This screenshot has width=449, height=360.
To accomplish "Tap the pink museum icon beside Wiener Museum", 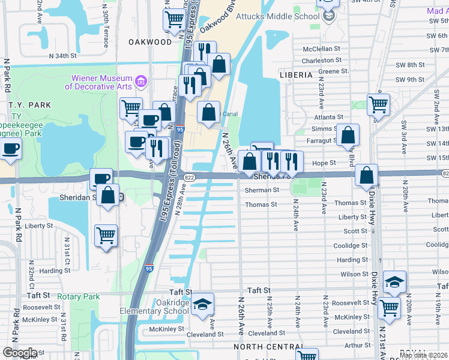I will point(140,80).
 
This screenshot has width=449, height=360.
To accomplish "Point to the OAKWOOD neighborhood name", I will point(150,42).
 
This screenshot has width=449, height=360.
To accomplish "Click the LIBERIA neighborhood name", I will point(296,75).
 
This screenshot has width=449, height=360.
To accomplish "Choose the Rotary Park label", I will point(78,296).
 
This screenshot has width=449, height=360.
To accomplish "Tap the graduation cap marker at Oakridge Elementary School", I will point(203,303).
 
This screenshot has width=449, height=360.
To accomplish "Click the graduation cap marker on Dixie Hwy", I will point(394,281).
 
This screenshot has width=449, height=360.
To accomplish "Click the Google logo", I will point(20,353).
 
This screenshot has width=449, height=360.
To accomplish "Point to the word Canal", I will point(231,114).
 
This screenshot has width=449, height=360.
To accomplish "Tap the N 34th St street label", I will point(63,55).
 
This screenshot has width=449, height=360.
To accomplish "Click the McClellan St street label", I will point(321,49).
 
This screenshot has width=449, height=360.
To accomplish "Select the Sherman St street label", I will point(262,190).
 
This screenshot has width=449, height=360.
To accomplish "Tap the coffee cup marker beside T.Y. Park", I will point(10,148).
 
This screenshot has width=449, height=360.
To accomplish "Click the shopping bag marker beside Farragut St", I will point(348,135).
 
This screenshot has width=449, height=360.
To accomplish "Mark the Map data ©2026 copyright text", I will point(423,355).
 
